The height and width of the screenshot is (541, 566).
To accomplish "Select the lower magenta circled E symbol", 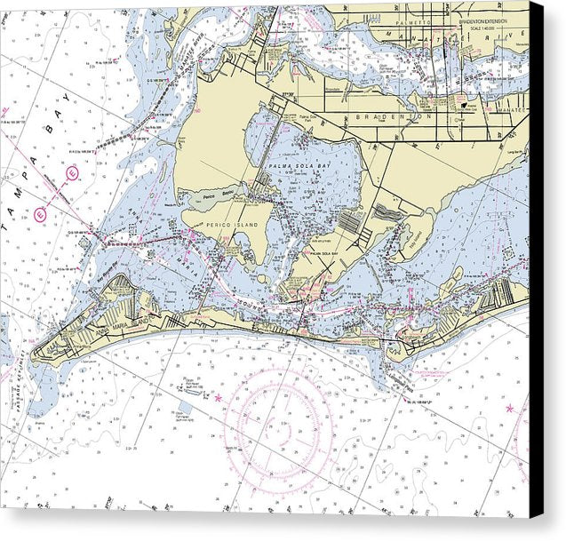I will (40, 213).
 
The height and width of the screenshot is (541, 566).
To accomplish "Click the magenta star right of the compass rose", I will (509, 409).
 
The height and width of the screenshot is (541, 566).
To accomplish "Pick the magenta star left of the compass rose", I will (219, 397).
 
